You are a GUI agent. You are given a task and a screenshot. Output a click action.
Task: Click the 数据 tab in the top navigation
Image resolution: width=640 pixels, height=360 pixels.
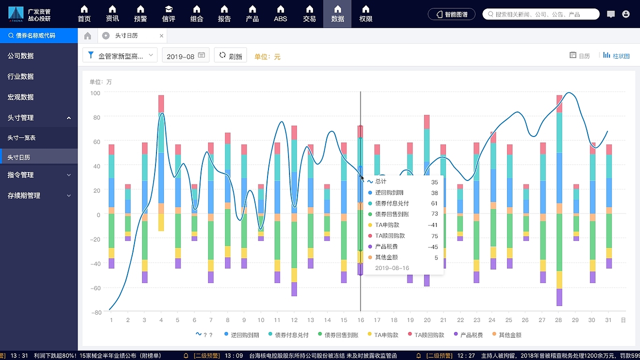click(x=337, y=13)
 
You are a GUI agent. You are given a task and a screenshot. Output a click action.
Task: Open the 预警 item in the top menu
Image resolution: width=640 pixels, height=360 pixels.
click(x=140, y=13)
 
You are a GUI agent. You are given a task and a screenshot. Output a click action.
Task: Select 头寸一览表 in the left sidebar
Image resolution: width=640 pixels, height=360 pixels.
click(x=21, y=137)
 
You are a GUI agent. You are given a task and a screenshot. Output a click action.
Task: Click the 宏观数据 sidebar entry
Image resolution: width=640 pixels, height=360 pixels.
click(x=20, y=97)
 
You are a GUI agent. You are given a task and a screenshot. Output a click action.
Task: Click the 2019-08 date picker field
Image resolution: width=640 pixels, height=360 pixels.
click(x=185, y=56)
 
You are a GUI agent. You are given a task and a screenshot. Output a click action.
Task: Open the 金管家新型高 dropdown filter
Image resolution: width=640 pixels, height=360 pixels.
click(x=120, y=56)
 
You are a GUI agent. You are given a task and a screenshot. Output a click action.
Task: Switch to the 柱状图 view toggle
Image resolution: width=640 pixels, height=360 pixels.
click(x=616, y=55)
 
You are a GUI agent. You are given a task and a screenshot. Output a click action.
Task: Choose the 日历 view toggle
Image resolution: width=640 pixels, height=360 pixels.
click(x=580, y=55)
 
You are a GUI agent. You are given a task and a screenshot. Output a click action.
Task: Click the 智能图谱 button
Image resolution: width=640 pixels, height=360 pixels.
click(x=452, y=14)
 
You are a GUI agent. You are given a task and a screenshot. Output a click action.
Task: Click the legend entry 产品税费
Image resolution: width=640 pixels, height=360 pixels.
click(x=467, y=334)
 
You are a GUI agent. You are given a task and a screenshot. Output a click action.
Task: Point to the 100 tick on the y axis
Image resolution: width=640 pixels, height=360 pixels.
click(x=95, y=93)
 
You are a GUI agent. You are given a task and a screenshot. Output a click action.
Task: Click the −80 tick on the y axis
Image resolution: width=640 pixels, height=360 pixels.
click(x=95, y=312)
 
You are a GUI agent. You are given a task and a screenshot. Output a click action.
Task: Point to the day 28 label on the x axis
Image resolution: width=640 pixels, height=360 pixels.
click(x=558, y=320)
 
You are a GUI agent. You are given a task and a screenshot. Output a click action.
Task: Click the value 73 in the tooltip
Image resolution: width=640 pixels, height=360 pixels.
click(x=434, y=214)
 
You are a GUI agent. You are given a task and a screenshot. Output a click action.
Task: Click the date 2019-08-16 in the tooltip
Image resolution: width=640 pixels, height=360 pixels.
click(x=392, y=268)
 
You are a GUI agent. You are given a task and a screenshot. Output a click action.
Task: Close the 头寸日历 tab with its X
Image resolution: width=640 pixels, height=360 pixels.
click(x=161, y=36)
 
